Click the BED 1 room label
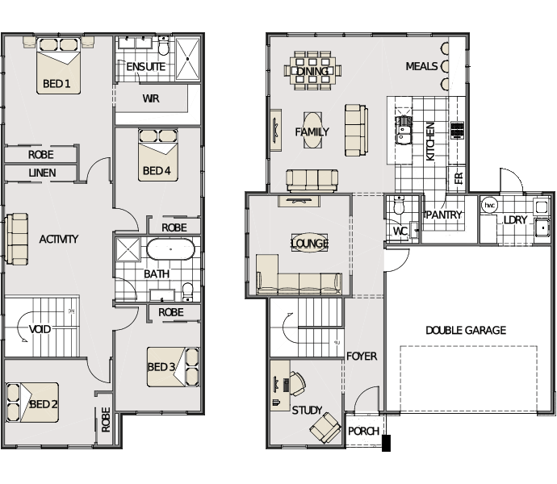[57, 84]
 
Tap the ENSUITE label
[145, 67]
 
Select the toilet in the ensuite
[163, 45]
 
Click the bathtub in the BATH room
[170, 249]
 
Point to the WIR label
[151, 98]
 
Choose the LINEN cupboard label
[42, 173]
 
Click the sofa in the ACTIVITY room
[16, 239]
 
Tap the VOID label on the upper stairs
[40, 329]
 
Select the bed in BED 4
[158, 155]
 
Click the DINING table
[312, 70]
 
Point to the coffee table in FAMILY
[313, 131]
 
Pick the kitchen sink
[404, 130]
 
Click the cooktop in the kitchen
[458, 130]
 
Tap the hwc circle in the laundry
[489, 205]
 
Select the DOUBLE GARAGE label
[466, 331]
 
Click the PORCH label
[363, 431]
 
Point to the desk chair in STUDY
[298, 383]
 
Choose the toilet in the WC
[400, 206]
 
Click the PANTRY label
[443, 215]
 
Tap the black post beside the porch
[386, 443]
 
